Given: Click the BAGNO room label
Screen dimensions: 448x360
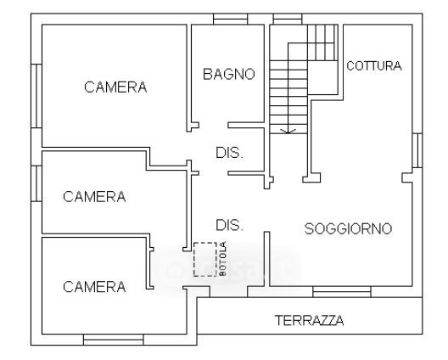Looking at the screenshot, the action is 229,74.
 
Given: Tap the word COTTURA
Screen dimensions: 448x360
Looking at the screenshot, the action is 374,66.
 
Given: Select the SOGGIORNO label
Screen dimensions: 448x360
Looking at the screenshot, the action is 348,228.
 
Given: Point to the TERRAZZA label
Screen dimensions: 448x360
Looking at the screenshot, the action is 309,320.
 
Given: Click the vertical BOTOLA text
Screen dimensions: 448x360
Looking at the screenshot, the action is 223,259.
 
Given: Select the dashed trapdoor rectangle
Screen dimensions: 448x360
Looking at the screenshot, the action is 205,259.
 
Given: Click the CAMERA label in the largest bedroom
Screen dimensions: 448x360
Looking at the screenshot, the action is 115,87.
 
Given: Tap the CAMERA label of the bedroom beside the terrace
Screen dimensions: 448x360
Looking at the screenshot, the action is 94,287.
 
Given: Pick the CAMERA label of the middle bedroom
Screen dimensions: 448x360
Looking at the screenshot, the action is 94,197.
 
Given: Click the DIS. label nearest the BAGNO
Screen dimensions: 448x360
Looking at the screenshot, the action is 230,153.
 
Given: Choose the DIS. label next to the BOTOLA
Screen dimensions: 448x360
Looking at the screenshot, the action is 230,225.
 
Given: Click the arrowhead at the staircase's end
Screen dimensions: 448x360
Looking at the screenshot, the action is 288,132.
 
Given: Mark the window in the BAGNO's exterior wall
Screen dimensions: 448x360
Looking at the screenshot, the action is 230,19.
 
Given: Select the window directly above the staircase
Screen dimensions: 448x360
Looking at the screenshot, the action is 288,19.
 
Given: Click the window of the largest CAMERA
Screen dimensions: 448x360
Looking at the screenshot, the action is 36,96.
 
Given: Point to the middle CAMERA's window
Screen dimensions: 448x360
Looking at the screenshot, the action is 36,183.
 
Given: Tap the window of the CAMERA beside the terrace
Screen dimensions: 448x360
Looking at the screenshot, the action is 114,340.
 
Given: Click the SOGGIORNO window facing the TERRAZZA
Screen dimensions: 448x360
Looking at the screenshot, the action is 342,292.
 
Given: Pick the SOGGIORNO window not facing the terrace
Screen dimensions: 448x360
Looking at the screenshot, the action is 417,150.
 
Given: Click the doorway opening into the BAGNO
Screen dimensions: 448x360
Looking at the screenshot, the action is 214,126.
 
